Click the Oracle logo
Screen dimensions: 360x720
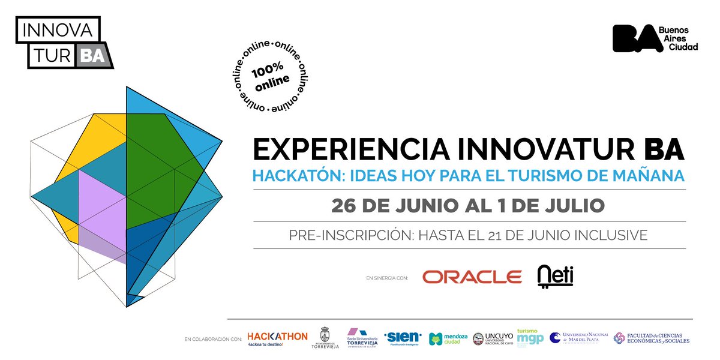[x=472, y=277]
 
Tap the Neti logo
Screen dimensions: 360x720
[x=555, y=275]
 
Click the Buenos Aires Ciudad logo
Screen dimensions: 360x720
[x=655, y=38]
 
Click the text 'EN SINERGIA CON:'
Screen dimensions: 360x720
[x=386, y=278]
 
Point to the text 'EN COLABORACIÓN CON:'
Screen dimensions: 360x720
[x=214, y=340]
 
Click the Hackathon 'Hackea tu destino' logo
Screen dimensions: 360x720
[x=277, y=338]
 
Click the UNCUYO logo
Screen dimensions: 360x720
[x=492, y=339]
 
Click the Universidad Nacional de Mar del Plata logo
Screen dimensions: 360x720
[x=579, y=338]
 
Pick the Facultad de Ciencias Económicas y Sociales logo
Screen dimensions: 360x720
[x=651, y=338]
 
